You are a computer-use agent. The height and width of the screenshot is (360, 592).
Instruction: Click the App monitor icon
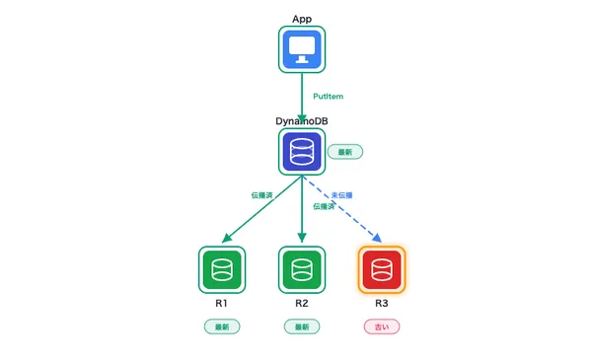pyautogui.click(x=302, y=49)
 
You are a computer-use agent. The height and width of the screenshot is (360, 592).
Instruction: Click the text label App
pyautogui.click(x=302, y=19)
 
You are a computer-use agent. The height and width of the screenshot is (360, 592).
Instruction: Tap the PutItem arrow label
pyautogui.click(x=327, y=97)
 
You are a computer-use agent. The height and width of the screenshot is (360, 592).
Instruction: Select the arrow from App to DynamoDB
pyautogui.click(x=302, y=99)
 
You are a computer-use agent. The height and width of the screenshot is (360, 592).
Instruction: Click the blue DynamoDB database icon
pyautogui.click(x=302, y=152)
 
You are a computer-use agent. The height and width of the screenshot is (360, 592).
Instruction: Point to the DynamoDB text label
pyautogui.click(x=302, y=121)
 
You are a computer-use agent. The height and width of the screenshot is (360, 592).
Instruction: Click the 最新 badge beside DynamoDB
pyautogui.click(x=345, y=152)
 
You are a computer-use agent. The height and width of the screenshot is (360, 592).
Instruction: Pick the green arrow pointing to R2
pyautogui.click(x=302, y=212)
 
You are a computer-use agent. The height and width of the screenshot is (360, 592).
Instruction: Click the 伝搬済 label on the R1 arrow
pyautogui.click(x=261, y=194)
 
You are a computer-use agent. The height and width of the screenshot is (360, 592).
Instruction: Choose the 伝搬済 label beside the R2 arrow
pyautogui.click(x=323, y=206)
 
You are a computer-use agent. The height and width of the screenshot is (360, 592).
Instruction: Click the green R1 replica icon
pyautogui.click(x=222, y=268)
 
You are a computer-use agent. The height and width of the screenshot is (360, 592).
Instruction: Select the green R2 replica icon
pyautogui.click(x=302, y=268)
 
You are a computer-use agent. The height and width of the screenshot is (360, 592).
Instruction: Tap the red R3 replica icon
pyautogui.click(x=381, y=268)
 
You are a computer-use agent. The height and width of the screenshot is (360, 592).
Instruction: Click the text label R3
pyautogui.click(x=381, y=302)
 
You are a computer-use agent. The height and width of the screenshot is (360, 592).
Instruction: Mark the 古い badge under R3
pyautogui.click(x=381, y=325)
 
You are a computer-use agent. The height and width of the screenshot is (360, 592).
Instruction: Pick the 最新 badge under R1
pyautogui.click(x=222, y=325)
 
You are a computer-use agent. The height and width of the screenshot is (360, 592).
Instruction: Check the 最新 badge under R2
pyautogui.click(x=302, y=325)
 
